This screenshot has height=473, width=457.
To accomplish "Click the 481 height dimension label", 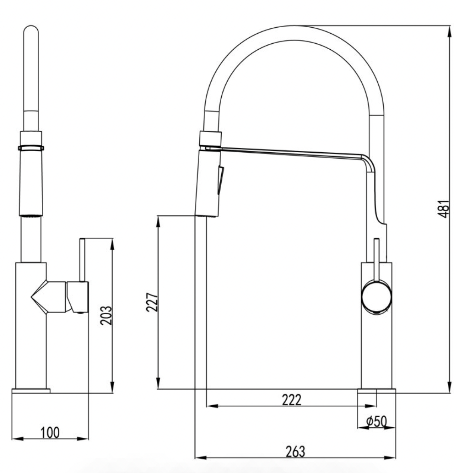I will point(442,208).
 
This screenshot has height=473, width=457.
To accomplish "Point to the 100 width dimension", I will point(50,433).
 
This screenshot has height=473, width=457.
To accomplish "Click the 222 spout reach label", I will point(291,400).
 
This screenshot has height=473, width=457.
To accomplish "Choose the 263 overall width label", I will point(295,451).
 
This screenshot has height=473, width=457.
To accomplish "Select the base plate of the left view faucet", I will point(31,390).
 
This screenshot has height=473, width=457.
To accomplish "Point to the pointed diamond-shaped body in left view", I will point(48,297).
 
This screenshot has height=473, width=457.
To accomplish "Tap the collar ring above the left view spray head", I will point(31,148).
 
